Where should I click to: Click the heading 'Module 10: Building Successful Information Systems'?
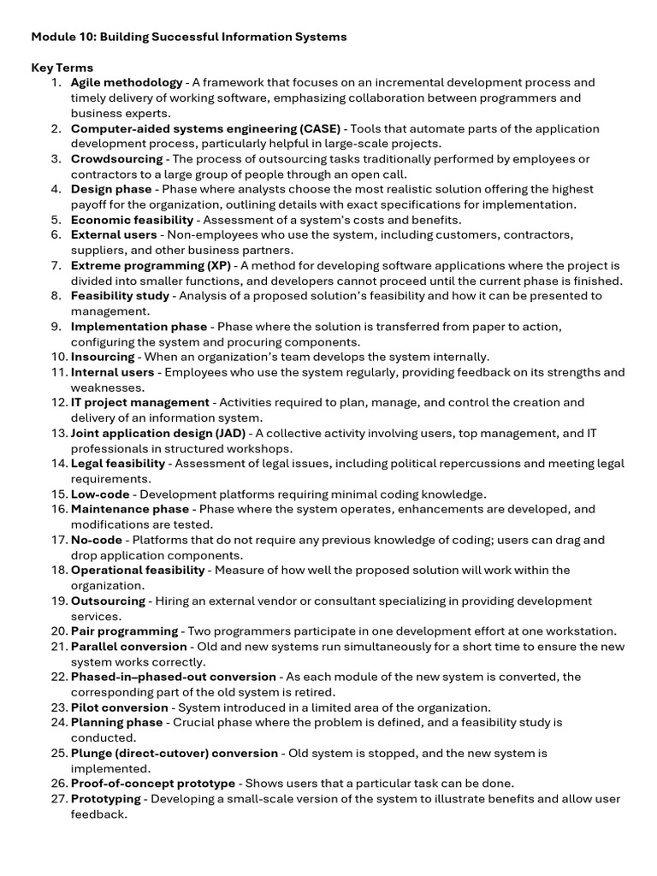189,37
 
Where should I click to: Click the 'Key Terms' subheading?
62,68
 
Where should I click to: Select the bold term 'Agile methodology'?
127,83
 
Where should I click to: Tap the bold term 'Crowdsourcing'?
116,159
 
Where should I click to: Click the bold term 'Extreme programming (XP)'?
145,266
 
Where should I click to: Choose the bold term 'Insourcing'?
103,357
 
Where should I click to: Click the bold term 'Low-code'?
100,494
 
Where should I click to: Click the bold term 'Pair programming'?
124,630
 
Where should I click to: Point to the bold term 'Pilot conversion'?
119,707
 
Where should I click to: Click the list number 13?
58,433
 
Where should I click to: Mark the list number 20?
58,630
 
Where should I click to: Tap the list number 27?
58,799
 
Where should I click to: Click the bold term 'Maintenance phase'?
130,509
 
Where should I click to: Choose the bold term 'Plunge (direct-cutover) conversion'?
175,753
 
